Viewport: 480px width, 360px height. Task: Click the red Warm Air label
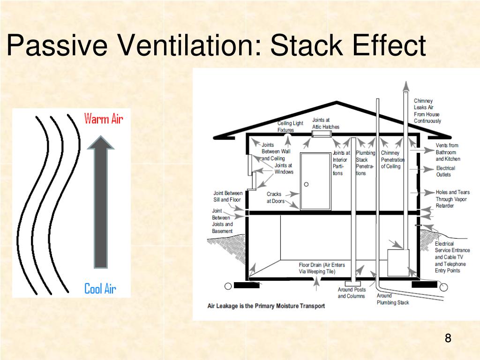pyautogui.click(x=104, y=119)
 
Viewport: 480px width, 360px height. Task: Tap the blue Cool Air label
pyautogui.click(x=100, y=288)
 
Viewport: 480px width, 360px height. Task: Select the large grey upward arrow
pyautogui.click(x=101, y=202)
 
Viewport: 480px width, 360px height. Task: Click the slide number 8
pyautogui.click(x=448, y=338)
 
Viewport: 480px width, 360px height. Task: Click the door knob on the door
pyautogui.click(x=306, y=184)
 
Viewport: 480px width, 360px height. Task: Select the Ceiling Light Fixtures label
pyautogui.click(x=290, y=127)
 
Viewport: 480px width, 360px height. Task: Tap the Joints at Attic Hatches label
pyautogui.click(x=325, y=123)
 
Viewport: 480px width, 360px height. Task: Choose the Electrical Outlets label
pyautogui.click(x=445, y=171)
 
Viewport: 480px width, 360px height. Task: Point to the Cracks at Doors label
pyautogui.click(x=276, y=197)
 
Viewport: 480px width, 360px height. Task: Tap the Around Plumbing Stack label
pyautogui.click(x=393, y=299)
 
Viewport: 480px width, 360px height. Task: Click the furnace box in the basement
pyautogui.click(x=398, y=262)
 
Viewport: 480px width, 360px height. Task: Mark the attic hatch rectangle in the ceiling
pyautogui.click(x=322, y=135)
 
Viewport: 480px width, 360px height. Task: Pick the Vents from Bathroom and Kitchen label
pyautogui.click(x=448, y=152)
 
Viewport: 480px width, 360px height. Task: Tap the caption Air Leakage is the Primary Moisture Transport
pyautogui.click(x=266, y=306)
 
